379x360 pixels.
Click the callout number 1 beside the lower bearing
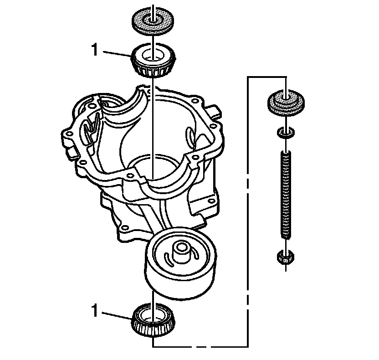95,312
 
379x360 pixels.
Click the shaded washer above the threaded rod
285,103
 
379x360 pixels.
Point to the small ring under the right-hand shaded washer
285,133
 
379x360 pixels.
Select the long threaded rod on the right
285,194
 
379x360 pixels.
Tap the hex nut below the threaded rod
285,258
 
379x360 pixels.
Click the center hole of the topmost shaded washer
154,19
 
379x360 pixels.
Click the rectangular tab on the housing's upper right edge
214,111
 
